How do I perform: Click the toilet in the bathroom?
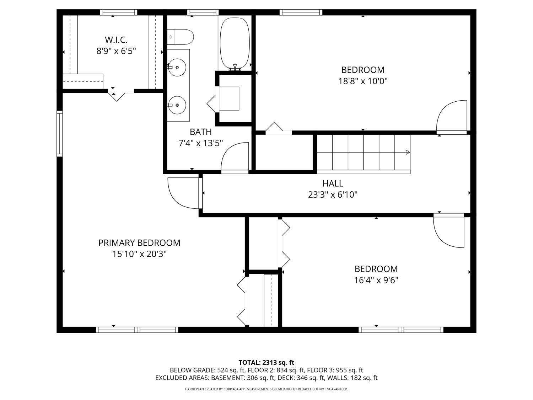pyautogui.click(x=180, y=37)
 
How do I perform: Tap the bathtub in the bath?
pyautogui.click(x=235, y=43)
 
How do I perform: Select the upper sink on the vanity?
pyautogui.click(x=177, y=67)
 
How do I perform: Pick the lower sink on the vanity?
pyautogui.click(x=177, y=105)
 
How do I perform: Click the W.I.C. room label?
pyautogui.click(x=116, y=39)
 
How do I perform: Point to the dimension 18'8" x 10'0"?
pyautogui.click(x=363, y=81)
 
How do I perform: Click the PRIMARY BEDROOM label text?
pyautogui.click(x=139, y=242)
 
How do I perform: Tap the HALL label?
pyautogui.click(x=333, y=183)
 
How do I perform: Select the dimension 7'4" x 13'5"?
pyautogui.click(x=200, y=143)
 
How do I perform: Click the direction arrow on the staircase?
pyautogui.click(x=408, y=152)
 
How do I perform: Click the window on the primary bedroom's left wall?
pyautogui.click(x=59, y=134)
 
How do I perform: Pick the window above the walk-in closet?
pyautogui.click(x=118, y=12)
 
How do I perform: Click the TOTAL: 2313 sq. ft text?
pyautogui.click(x=266, y=362)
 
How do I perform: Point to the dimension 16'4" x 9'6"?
pyautogui.click(x=376, y=280)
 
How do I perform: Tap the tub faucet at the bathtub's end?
pyautogui.click(x=235, y=67)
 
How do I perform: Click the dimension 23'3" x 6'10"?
pyautogui.click(x=333, y=194)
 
